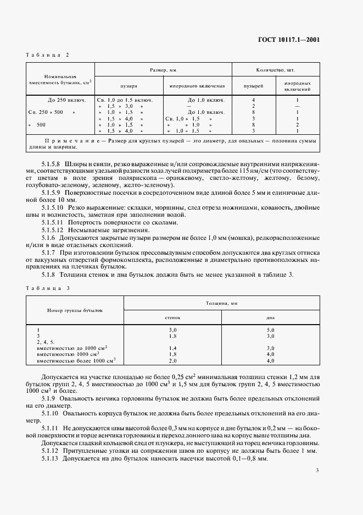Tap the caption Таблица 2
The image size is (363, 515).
click(x=48, y=55)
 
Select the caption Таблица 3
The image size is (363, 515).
click(x=48, y=288)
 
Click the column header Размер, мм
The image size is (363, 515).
click(x=163, y=70)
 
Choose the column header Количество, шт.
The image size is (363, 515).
click(x=275, y=70)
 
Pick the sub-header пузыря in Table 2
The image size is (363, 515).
click(x=129, y=86)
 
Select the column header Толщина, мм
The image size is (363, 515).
click(x=221, y=303)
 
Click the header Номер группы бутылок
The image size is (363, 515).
click(x=75, y=310)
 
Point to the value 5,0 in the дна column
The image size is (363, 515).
click(x=270, y=330)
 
